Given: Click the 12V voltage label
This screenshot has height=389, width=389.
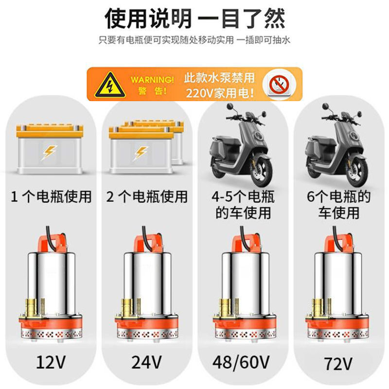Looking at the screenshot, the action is pyautogui.click(x=51, y=362).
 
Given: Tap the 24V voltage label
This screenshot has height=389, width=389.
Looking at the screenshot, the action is pyautogui.click(x=147, y=362).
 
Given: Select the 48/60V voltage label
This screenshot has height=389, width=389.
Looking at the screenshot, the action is pyautogui.click(x=241, y=363).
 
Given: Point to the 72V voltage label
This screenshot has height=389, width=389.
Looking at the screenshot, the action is pyautogui.click(x=338, y=364).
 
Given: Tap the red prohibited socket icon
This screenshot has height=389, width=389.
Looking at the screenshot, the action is pyautogui.click(x=279, y=84).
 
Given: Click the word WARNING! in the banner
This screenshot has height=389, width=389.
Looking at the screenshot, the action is pyautogui.click(x=152, y=80).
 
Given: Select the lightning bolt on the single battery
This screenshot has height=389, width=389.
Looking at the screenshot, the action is pyautogui.click(x=49, y=152).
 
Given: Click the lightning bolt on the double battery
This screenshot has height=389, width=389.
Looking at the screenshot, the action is pyautogui.click(x=141, y=153).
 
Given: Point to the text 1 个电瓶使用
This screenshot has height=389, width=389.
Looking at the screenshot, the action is pyautogui.click(x=51, y=197).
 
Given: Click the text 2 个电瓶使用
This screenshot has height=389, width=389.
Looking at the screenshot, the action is pyautogui.click(x=146, y=197).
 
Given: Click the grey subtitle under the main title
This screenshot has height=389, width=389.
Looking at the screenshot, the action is pyautogui.click(x=194, y=40).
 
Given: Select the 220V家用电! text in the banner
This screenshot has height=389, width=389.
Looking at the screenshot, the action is pyautogui.click(x=220, y=93).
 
